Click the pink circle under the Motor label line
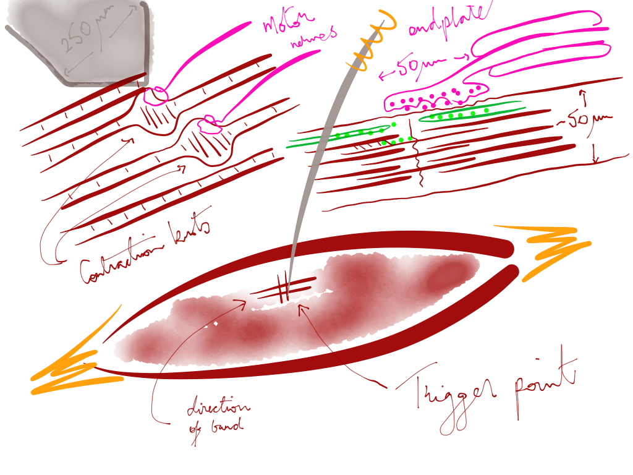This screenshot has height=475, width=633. pos(155,94)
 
